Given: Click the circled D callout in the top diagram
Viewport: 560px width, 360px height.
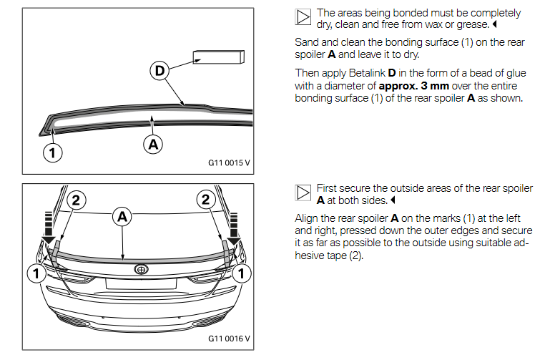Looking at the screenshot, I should [x=159, y=71].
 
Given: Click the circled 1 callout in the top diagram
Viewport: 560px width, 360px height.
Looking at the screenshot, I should [x=52, y=152].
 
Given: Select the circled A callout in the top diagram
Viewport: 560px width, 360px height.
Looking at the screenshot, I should [x=152, y=144].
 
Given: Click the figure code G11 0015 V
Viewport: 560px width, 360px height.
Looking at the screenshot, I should [x=229, y=162].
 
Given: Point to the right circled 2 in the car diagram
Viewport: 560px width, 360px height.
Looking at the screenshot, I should [x=207, y=200].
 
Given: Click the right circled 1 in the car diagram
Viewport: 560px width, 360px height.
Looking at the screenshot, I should [x=245, y=272].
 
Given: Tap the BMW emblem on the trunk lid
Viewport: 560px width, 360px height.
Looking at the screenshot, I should [x=141, y=270].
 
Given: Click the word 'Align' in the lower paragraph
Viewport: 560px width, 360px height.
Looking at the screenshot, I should [x=308, y=218].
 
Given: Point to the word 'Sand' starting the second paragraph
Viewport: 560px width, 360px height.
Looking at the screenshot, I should [x=306, y=43].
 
